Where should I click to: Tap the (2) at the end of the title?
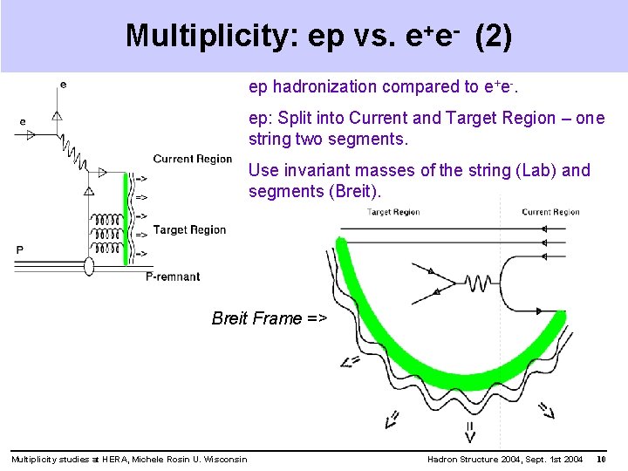click(494, 36)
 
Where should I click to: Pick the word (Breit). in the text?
click(352, 191)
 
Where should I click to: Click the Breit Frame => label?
click(269, 318)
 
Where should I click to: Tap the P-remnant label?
click(172, 276)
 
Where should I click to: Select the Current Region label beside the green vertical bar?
click(192, 159)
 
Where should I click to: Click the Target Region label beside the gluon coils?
click(189, 230)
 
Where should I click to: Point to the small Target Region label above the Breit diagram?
click(394, 212)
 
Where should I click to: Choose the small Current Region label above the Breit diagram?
click(550, 212)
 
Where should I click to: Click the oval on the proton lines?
click(88, 265)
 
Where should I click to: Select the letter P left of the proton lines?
click(20, 250)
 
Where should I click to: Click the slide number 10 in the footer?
click(601, 460)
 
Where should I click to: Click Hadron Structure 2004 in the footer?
click(475, 460)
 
